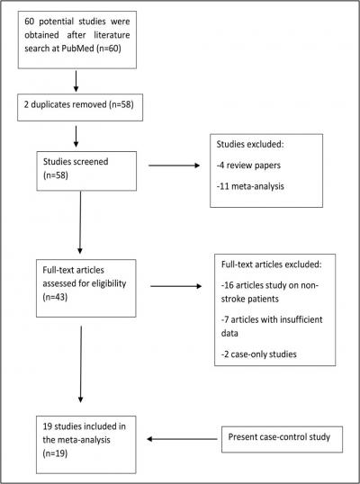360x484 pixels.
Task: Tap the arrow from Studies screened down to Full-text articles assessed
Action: click(x=81, y=230)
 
